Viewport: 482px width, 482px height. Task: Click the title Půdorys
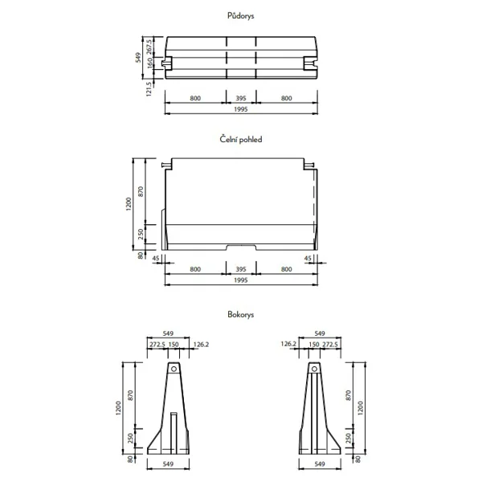[240, 14]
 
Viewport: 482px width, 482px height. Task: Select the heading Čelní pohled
[240, 139]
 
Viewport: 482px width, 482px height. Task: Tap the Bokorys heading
[240, 316]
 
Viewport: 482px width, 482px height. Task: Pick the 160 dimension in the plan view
[149, 63]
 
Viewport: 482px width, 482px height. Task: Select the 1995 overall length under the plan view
[240, 109]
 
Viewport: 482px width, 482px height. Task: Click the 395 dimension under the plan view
[240, 97]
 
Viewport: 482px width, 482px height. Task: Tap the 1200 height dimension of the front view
[128, 205]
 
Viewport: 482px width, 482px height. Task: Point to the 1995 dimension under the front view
[240, 280]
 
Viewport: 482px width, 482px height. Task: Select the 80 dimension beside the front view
[141, 256]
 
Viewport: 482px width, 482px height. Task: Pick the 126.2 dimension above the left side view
[202, 344]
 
